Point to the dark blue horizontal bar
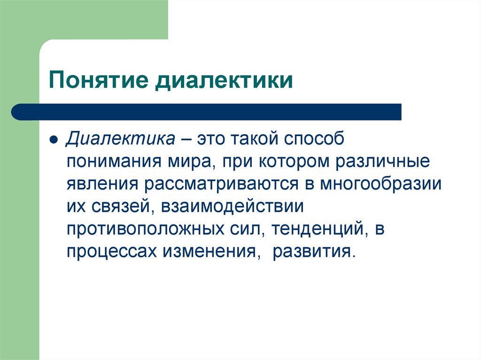point(207,112)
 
